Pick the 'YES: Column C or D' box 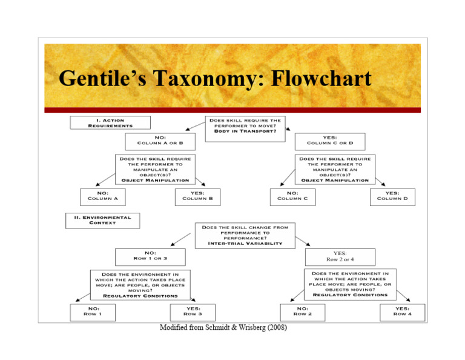330,141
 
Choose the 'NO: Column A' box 102,196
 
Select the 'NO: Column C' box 292,196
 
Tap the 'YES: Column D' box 392,196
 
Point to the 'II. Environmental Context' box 102,219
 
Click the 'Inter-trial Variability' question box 245,236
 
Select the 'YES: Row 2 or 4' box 339,257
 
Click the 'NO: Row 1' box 92,312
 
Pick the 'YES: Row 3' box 193,312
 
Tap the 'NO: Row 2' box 302,312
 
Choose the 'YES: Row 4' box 402,312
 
